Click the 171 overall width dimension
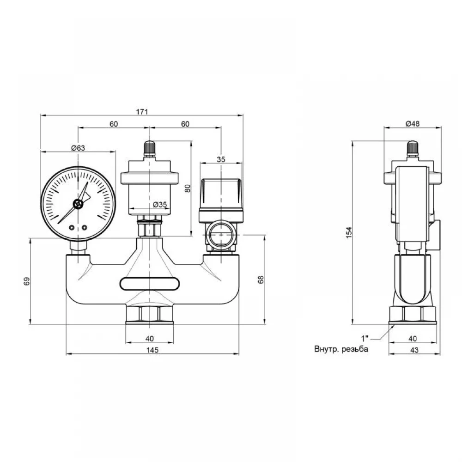coord(142,112)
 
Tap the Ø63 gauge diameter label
coord(78,148)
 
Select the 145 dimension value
coord(152,350)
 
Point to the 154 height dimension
coord(349,232)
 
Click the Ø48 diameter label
coord(413,124)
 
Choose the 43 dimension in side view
coord(414,350)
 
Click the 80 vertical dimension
coord(188,188)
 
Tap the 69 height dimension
coord(26,281)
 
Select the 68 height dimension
coord(261,280)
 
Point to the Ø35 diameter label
coord(160,204)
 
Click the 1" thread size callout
coord(365,338)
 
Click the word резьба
coord(355,349)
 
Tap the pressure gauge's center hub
coord(78,204)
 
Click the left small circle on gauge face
coord(72,227)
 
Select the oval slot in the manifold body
coord(150,284)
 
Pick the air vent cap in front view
coord(150,148)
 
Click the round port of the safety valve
coord(221,235)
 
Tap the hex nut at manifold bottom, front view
coord(150,315)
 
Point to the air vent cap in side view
coord(413,148)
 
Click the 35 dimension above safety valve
coord(221,159)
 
